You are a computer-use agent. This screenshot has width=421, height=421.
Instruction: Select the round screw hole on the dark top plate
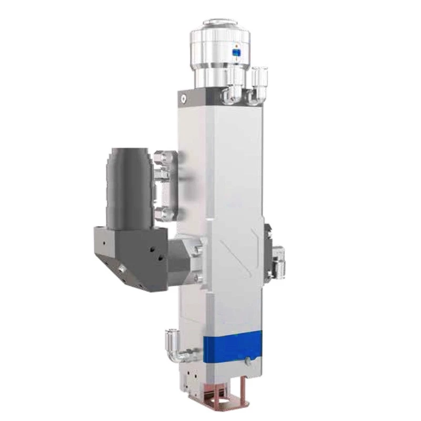point(183,98)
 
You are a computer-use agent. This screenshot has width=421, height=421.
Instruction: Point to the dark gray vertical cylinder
point(129,179)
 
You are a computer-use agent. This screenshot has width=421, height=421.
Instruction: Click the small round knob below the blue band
point(247,362)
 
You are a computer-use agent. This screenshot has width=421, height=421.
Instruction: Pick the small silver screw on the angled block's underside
point(122,269)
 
